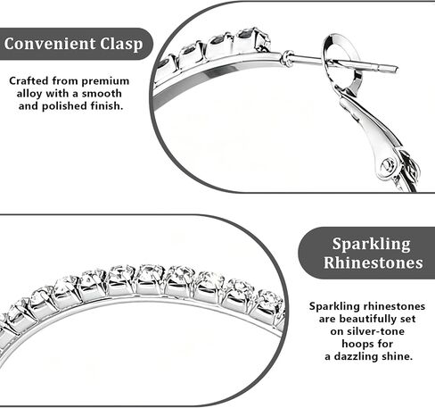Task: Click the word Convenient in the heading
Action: pos(50,44)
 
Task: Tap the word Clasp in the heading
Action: pos(121,45)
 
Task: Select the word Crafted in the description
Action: pos(29,80)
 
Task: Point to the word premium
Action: pos(105,81)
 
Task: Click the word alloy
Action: pos(29,94)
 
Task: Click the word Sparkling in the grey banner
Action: pos(371,245)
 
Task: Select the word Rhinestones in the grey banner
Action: pos(373,262)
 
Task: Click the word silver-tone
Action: pos(367,331)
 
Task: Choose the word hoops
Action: pos(356,345)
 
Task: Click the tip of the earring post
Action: pos(397,69)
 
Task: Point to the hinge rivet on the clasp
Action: pos(388,164)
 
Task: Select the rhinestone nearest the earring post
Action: pos(253,39)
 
